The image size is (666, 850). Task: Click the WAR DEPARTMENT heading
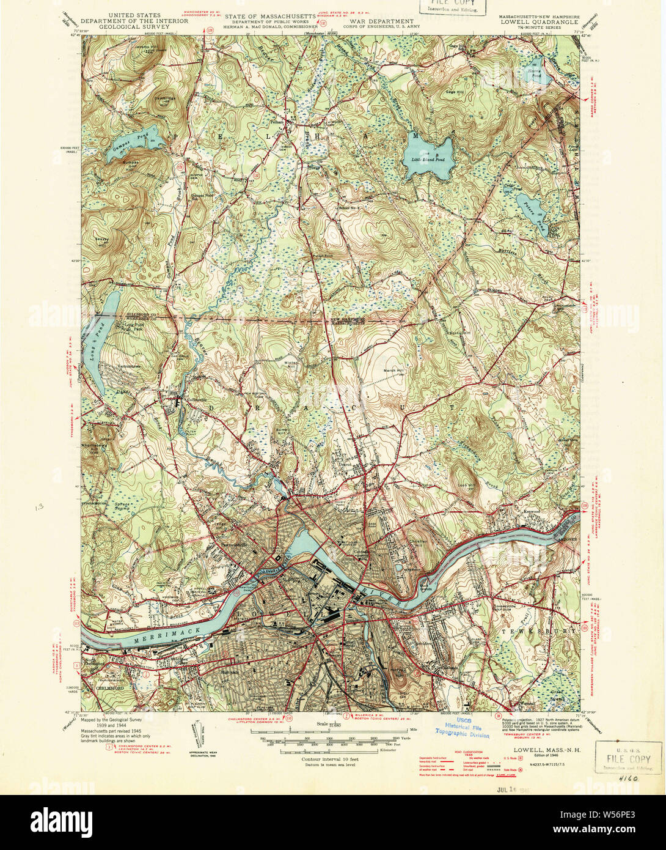click(365, 21)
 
